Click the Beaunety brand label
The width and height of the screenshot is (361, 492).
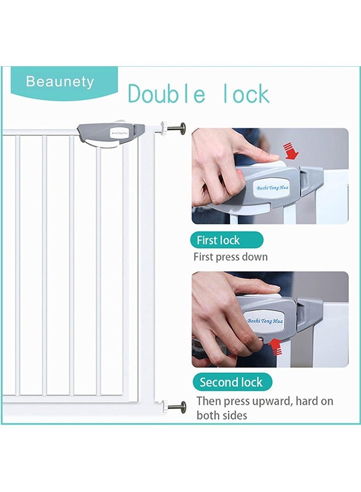[60, 82]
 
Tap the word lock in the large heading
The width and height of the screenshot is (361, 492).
[246, 95]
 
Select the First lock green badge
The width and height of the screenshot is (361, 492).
[226, 240]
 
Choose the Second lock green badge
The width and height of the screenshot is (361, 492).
[231, 382]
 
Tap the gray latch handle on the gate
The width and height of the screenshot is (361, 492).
[110, 133]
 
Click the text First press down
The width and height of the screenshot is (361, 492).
[231, 256]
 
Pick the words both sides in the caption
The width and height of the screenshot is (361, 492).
[222, 415]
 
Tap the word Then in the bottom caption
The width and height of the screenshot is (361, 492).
[208, 401]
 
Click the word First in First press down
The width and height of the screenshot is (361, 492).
[203, 256]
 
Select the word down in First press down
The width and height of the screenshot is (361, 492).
[255, 256]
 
